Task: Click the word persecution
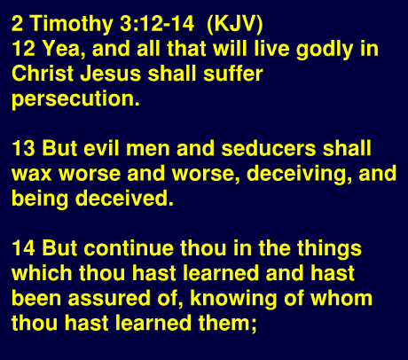(75, 98)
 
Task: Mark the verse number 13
(23, 148)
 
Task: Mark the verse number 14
(23, 248)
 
